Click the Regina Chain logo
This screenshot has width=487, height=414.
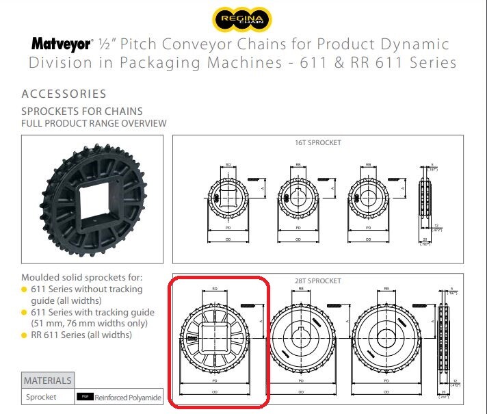tap(243, 17)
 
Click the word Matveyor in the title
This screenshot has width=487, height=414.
tap(61, 44)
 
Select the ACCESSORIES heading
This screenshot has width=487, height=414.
tap(64, 94)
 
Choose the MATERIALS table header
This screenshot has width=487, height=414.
tap(47, 380)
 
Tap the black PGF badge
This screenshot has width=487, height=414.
tap(84, 397)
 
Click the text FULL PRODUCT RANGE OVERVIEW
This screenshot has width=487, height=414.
tap(94, 123)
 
